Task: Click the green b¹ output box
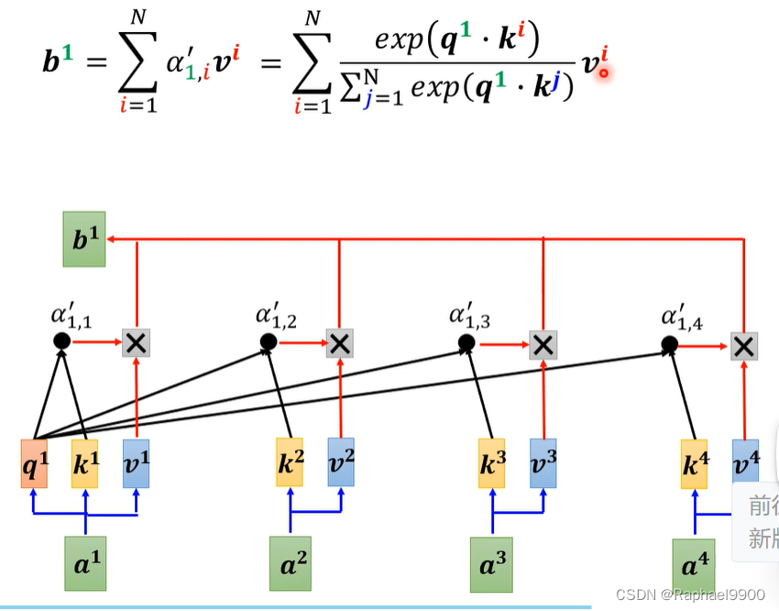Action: tap(84, 239)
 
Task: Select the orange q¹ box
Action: tap(34, 463)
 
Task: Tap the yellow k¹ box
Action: tap(85, 463)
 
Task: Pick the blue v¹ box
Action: tap(136, 463)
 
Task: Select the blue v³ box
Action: tap(543, 463)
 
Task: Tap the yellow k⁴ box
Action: tap(694, 463)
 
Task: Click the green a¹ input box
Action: tap(84, 562)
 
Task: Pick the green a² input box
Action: tap(290, 562)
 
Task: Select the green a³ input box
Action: tap(492, 562)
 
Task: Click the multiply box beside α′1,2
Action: tap(340, 344)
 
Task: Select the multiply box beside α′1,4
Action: tap(744, 346)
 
